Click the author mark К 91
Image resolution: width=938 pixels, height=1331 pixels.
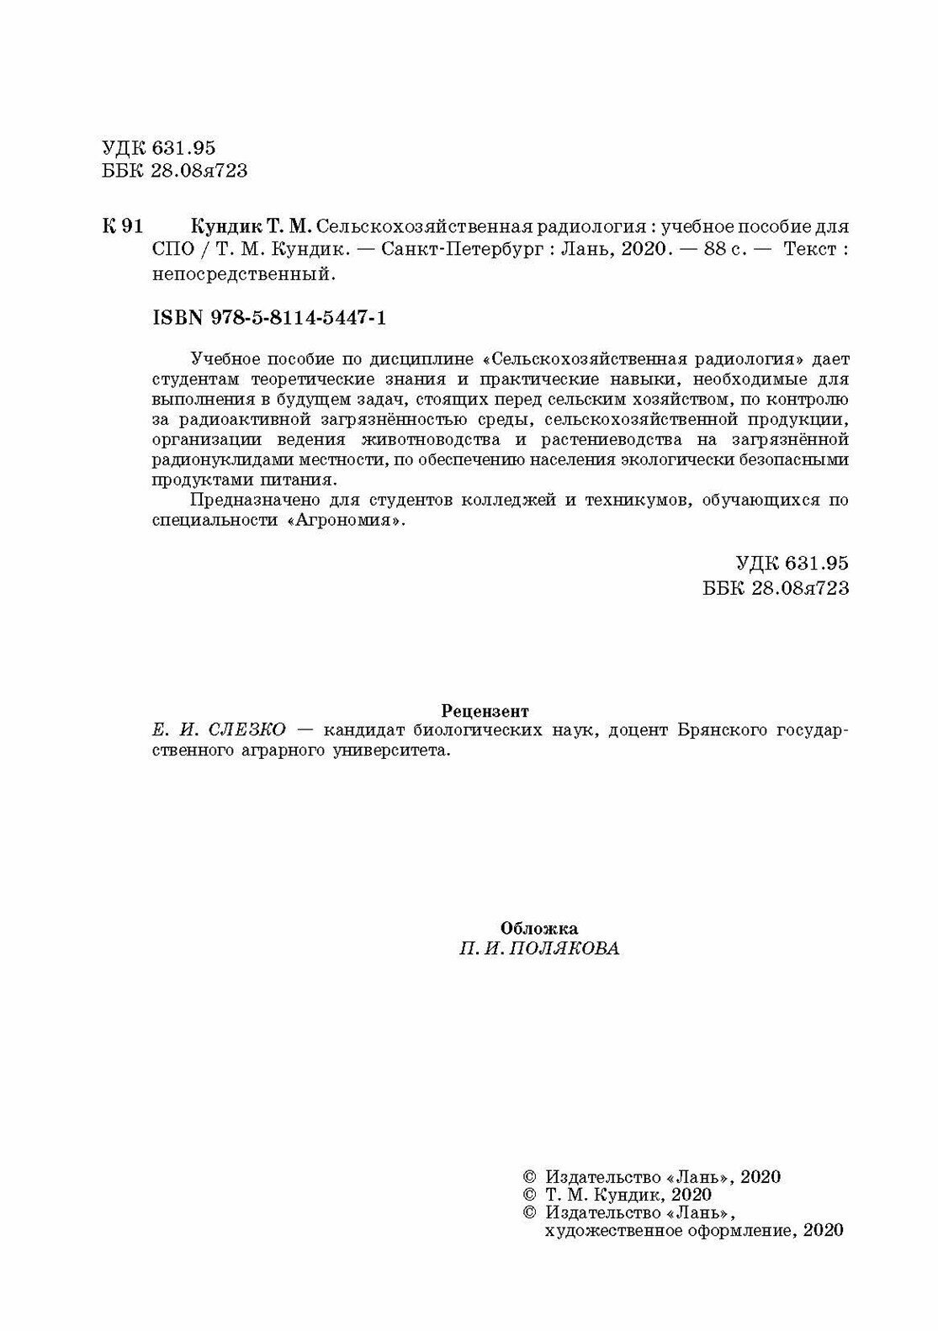[123, 227]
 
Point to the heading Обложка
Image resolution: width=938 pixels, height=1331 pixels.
[539, 929]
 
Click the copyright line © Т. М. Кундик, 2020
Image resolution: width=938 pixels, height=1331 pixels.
[617, 1194]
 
